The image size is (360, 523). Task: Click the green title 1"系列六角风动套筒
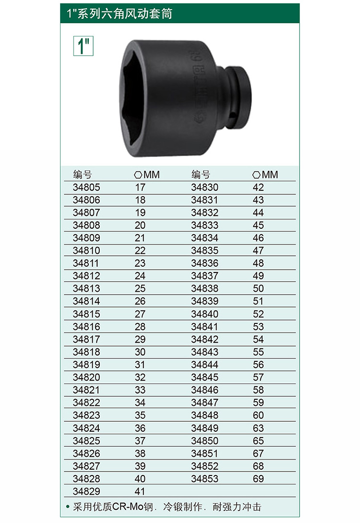pos(120,13)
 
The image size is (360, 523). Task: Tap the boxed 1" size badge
pos(84,46)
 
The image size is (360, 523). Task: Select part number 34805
pos(86,188)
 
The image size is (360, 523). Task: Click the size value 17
pos(140,188)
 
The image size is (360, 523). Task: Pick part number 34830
pos(204,188)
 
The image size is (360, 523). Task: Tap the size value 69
pos(258,479)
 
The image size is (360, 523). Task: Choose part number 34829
pos(86,491)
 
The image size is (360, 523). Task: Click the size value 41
pos(140,491)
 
